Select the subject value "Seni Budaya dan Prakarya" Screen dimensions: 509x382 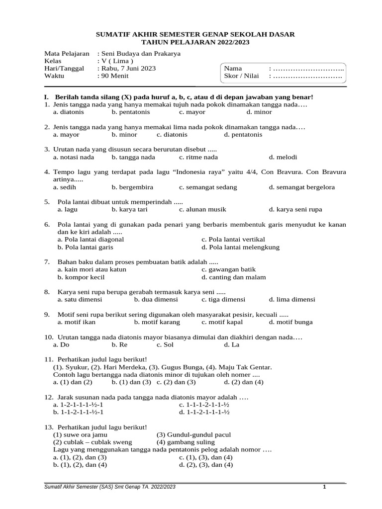point(141,53)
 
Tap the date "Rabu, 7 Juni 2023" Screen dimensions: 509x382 point(128,69)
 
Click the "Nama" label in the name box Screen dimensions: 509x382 point(233,69)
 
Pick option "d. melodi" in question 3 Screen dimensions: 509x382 point(283,157)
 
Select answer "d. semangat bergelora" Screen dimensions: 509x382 point(301,187)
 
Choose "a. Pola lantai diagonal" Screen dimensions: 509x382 point(91,239)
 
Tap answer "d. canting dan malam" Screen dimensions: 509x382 point(233,277)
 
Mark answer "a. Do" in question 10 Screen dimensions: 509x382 point(61,344)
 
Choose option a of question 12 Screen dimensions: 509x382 point(78,405)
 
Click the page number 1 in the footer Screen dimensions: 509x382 point(324,487)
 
